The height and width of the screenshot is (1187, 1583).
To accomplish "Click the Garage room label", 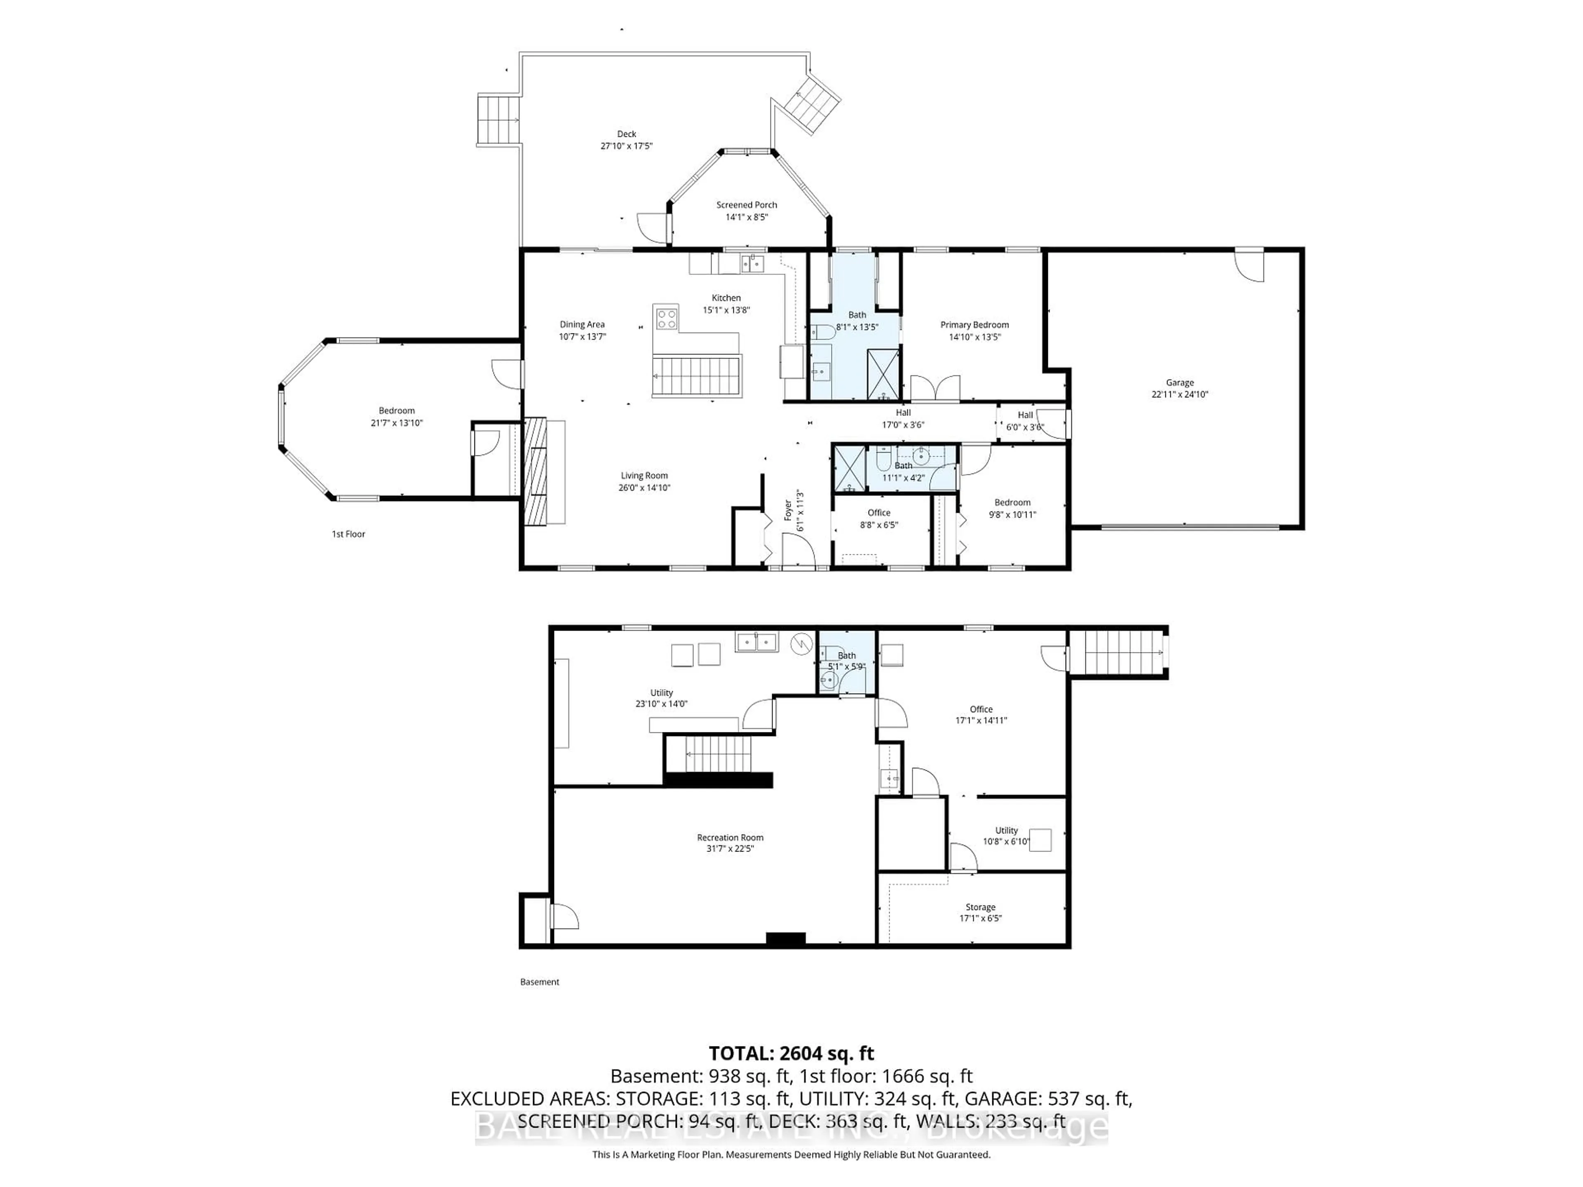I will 1179,383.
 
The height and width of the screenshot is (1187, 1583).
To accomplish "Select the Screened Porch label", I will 747,204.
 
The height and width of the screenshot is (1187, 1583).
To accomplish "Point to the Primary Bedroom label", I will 974,325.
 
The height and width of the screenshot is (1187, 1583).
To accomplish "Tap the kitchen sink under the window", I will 752,264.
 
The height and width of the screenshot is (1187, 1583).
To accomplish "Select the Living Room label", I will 644,476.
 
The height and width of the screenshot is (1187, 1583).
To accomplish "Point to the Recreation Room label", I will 730,837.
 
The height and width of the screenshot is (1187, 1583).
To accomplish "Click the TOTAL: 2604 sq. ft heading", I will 791,1053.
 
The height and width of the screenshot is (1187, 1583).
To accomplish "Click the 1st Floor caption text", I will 348,534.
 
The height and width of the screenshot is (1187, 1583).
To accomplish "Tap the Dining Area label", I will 582,324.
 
